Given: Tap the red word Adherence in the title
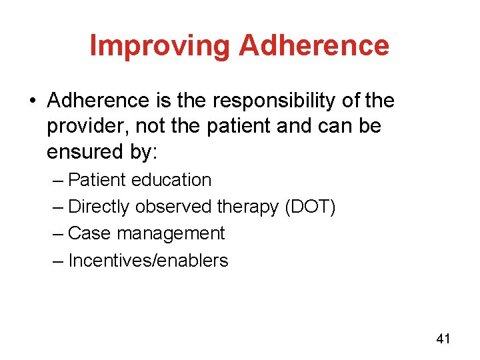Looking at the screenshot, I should point(313,46).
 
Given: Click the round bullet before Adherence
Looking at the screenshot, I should point(33,101).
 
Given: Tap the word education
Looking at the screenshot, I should point(171,180).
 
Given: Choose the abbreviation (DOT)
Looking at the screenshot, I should point(310,207).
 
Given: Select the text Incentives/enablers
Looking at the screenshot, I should point(148,260).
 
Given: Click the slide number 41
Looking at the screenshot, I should point(443,339).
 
